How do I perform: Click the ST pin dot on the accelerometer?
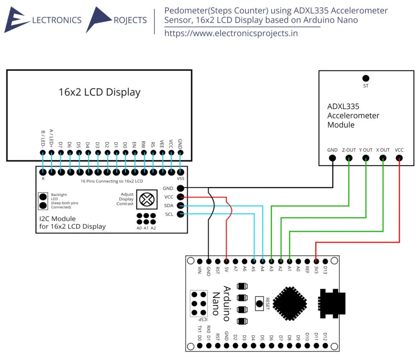pyautogui.click(x=365, y=78)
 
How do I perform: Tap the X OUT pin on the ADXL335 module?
pyautogui.click(x=383, y=158)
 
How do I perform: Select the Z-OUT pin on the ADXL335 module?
pyautogui.click(x=349, y=158)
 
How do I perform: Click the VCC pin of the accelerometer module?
pyautogui.click(x=399, y=158)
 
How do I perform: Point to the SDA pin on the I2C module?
pyautogui.click(x=180, y=206)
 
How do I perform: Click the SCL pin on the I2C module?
pyautogui.click(x=180, y=214)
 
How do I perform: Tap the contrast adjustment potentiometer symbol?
pyautogui.click(x=147, y=199)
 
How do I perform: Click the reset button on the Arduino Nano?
pyautogui.click(x=259, y=304)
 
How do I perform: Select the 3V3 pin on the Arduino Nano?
pyautogui.click(x=316, y=261)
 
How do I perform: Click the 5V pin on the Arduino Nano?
pyautogui.click(x=226, y=261)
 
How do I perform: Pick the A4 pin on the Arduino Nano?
pyautogui.click(x=262, y=261)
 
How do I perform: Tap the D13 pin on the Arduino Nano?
pyautogui.click(x=325, y=261)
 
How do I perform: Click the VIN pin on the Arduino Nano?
pyautogui.click(x=200, y=261)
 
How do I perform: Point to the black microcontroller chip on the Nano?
pyautogui.click(x=290, y=303)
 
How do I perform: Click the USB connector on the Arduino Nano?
pyautogui.click(x=332, y=303)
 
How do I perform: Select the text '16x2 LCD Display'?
pyautogui.click(x=99, y=92)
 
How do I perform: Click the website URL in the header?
pyautogui.click(x=231, y=33)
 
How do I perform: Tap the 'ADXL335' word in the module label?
pyautogui.click(x=343, y=106)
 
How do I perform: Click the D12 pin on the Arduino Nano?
pyautogui.click(x=325, y=346)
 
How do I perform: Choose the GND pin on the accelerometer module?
pyautogui.click(x=332, y=158)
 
